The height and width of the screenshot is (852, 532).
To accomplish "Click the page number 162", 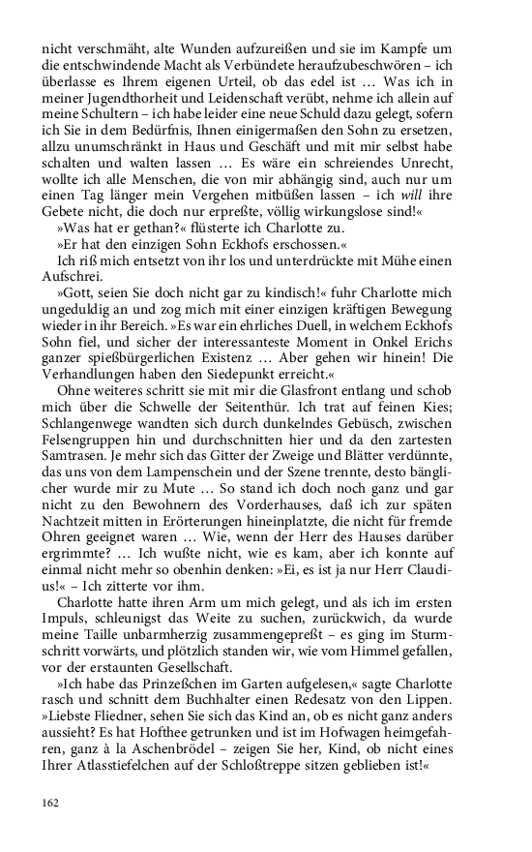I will pyautogui.click(x=50, y=803).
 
